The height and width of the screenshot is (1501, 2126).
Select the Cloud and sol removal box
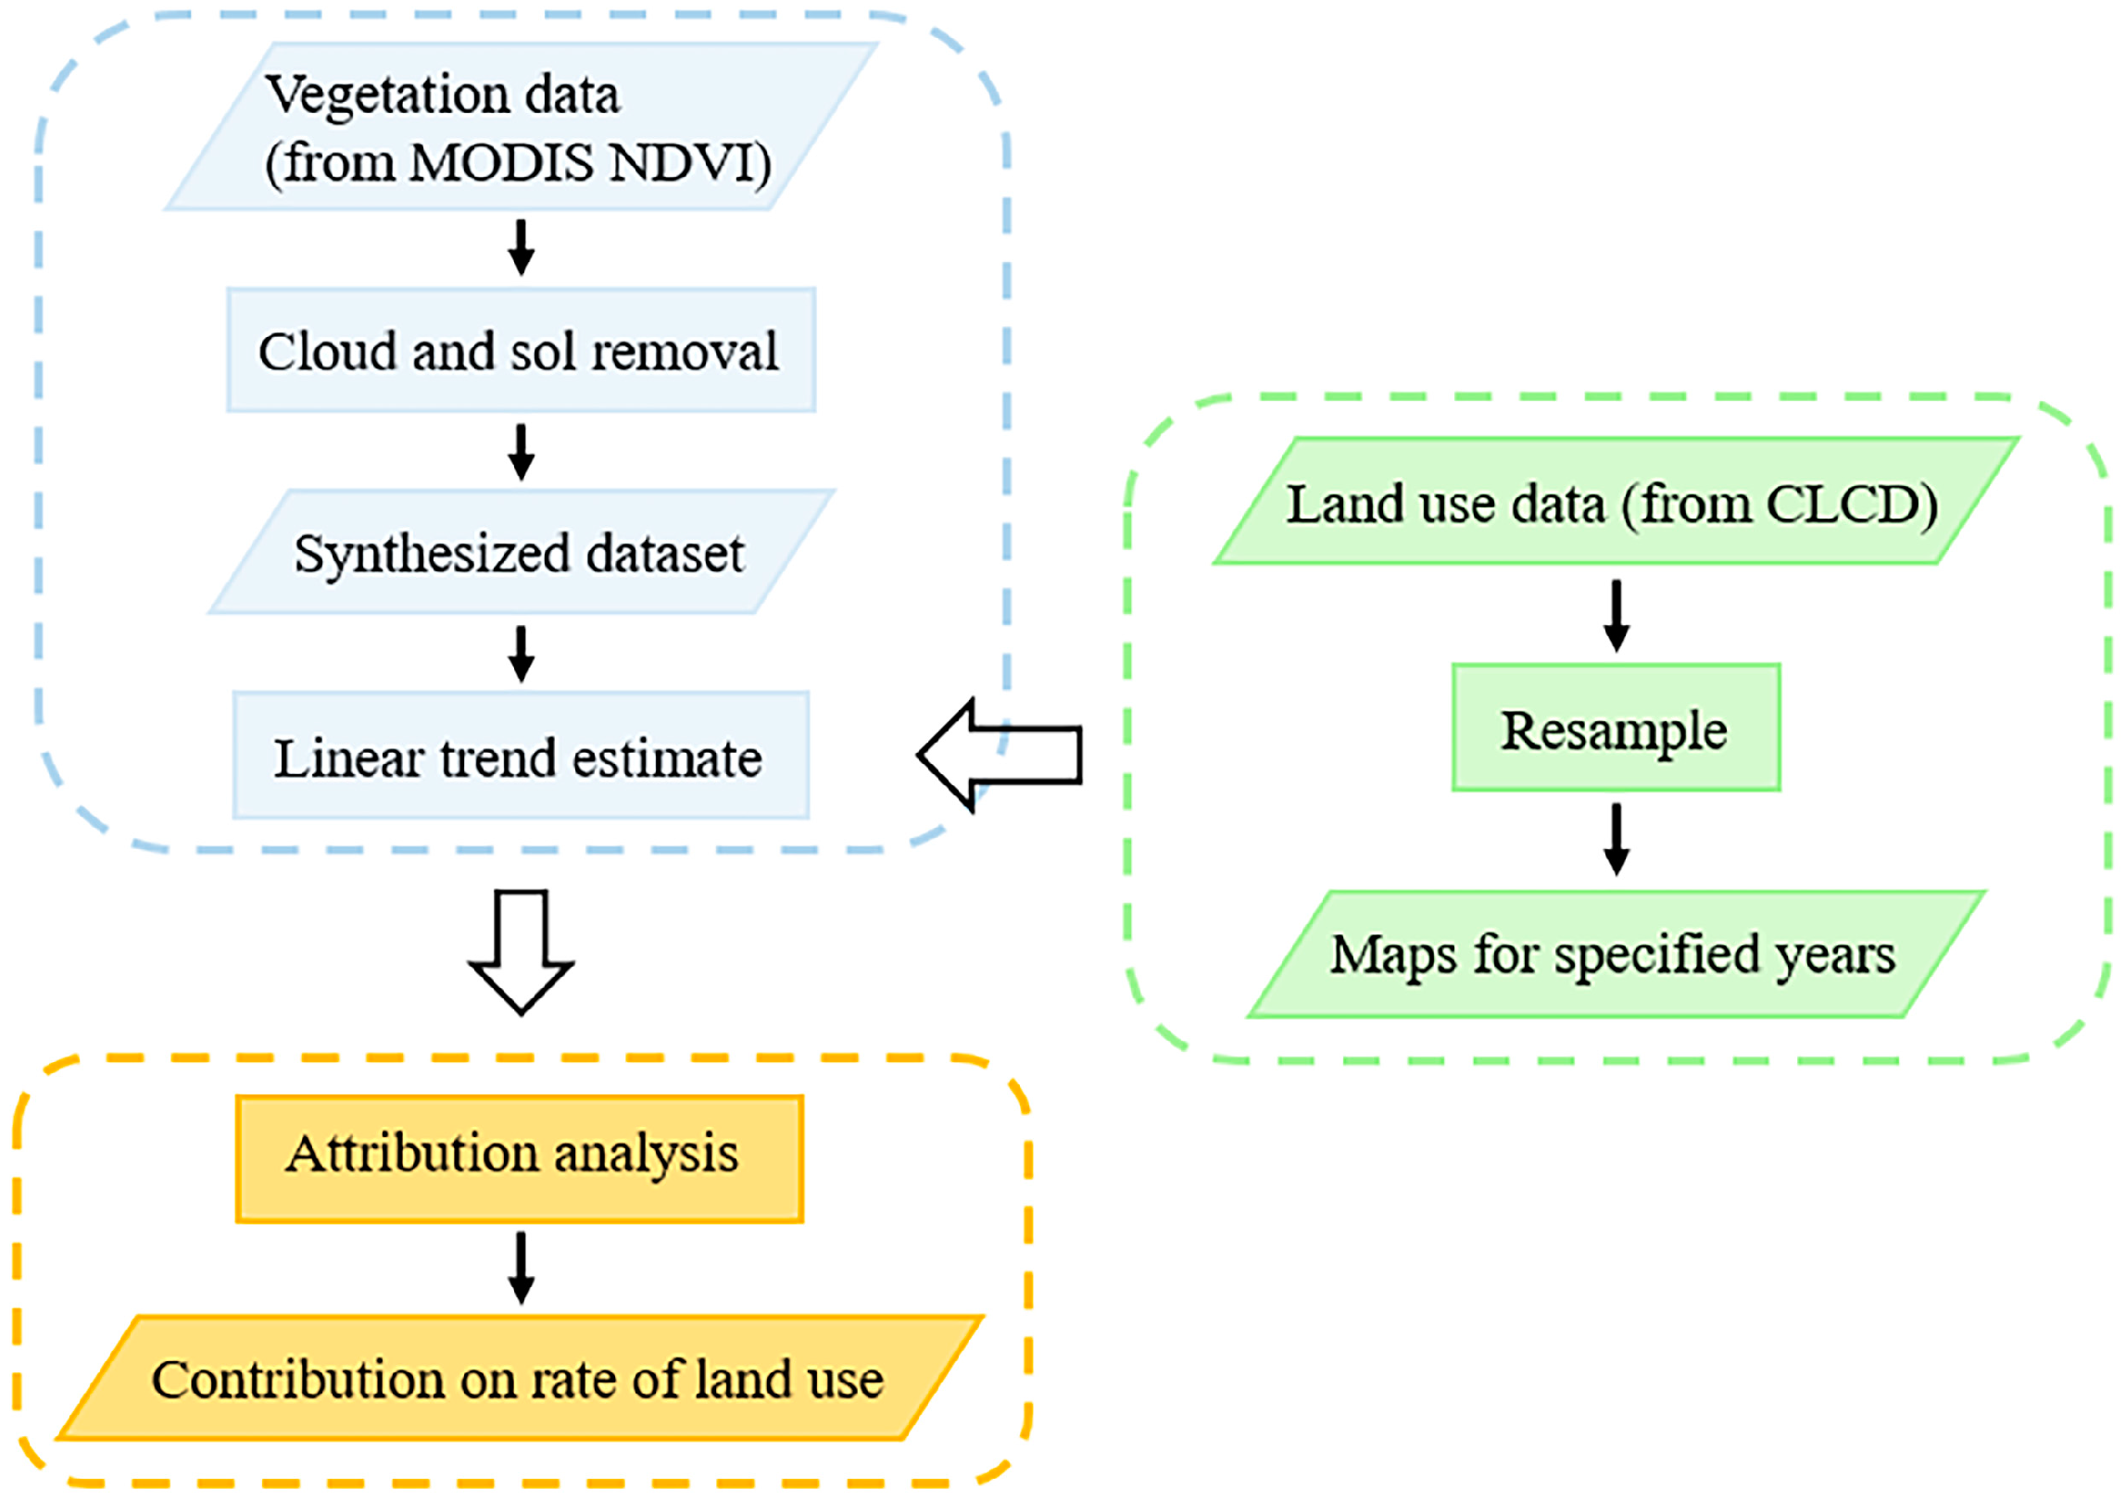[521, 350]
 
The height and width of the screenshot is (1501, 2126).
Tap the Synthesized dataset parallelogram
[521, 553]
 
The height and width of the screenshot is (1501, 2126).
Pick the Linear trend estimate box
[521, 757]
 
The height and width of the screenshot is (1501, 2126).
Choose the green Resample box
[1616, 729]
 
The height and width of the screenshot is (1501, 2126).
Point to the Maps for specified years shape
[1616, 955]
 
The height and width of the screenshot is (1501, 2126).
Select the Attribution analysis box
[519, 1158]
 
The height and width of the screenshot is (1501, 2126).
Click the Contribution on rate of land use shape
[519, 1379]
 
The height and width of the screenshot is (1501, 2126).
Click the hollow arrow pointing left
[1000, 756]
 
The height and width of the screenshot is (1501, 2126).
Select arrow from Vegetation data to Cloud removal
[522, 247]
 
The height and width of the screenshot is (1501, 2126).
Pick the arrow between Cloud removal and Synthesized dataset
[522, 452]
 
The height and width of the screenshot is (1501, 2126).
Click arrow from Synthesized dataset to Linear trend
[522, 654]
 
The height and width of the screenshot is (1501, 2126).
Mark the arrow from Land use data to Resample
[1617, 616]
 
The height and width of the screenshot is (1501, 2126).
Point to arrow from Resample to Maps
[1617, 839]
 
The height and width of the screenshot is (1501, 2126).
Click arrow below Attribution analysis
[522, 1268]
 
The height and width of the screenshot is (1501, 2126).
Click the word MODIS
[501, 163]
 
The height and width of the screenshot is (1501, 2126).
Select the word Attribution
[412, 1154]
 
